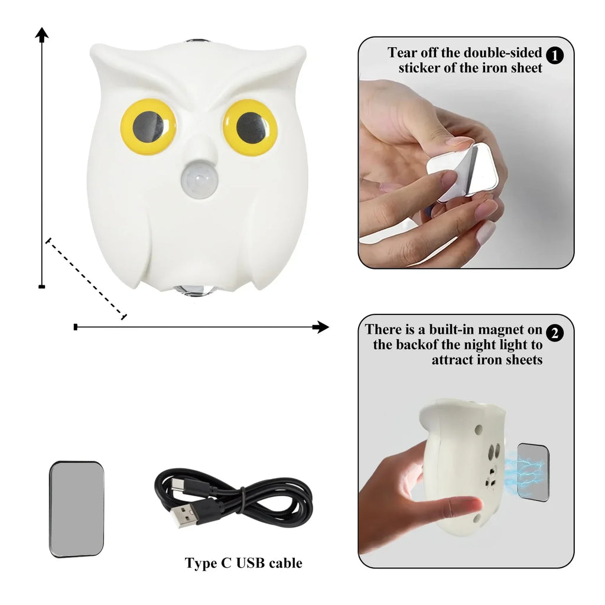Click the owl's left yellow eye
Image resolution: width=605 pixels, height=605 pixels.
pyautogui.click(x=148, y=126)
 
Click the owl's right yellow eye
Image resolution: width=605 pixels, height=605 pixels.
pyautogui.click(x=251, y=126)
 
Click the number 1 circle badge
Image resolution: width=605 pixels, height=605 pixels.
pyautogui.click(x=555, y=56)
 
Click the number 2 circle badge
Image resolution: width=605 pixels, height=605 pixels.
pyautogui.click(x=555, y=333)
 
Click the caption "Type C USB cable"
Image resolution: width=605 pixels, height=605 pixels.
pyautogui.click(x=243, y=563)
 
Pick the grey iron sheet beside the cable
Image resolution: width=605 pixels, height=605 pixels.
pyautogui.click(x=76, y=509)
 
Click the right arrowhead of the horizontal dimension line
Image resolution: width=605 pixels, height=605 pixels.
pyautogui.click(x=321, y=327)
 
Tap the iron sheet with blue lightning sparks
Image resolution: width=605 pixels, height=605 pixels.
pyautogui.click(x=533, y=472)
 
